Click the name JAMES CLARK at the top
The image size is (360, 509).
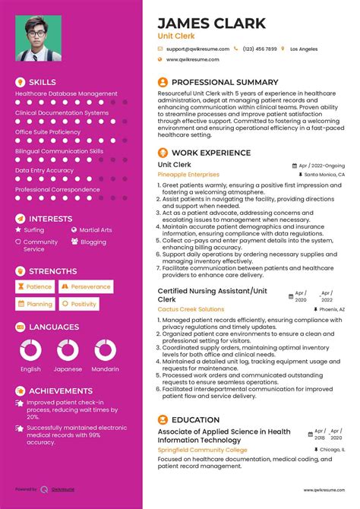[x=211, y=23]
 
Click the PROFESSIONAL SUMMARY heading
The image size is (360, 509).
[x=225, y=82]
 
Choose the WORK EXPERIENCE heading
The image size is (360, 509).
[x=211, y=153]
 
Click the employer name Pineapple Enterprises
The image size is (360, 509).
[x=189, y=175]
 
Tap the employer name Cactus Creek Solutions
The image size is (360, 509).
[x=191, y=309]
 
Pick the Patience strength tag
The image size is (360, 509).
[x=35, y=287]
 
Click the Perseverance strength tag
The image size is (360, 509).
[x=87, y=287]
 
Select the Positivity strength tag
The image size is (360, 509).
[x=80, y=304]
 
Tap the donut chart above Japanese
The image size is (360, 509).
[x=68, y=349]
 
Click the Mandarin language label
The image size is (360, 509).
[x=106, y=369]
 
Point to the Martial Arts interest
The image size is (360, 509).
[x=96, y=229]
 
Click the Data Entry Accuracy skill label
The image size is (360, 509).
[x=45, y=170]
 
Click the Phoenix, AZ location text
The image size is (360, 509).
[x=332, y=310]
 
